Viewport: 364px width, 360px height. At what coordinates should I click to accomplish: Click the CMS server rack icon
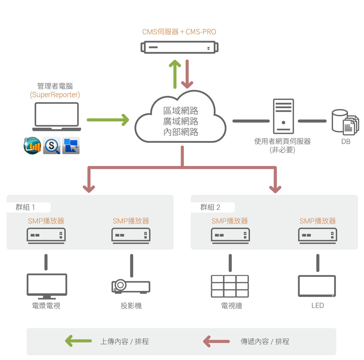click(x=179, y=47)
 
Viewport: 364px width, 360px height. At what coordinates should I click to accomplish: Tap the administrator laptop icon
click(x=57, y=117)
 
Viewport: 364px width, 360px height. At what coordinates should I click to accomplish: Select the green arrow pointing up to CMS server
click(x=175, y=74)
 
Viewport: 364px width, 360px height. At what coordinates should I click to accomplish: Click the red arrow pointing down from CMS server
click(x=187, y=74)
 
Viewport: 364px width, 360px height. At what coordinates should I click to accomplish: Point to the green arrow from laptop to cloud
click(x=108, y=120)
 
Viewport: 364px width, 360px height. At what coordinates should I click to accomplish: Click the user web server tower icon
click(x=284, y=116)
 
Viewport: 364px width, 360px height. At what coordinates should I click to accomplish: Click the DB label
click(x=346, y=141)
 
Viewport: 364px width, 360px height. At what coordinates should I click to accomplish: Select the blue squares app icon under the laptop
click(x=71, y=146)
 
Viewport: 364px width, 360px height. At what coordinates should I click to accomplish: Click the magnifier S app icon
click(x=52, y=146)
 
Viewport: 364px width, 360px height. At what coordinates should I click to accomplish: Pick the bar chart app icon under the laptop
click(x=32, y=146)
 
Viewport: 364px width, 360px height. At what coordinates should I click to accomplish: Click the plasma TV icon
click(x=47, y=287)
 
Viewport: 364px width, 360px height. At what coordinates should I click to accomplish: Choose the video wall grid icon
click(x=230, y=286)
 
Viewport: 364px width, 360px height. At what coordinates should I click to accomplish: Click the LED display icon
click(x=317, y=286)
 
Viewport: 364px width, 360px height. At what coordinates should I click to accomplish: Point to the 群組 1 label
click(x=25, y=207)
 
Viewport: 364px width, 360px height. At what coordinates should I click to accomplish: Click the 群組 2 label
click(x=210, y=207)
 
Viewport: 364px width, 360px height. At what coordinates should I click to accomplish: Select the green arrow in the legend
click(x=79, y=341)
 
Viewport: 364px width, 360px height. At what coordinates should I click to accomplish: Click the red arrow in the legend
click(x=216, y=341)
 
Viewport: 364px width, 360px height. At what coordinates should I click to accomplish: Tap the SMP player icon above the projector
click(x=131, y=236)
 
